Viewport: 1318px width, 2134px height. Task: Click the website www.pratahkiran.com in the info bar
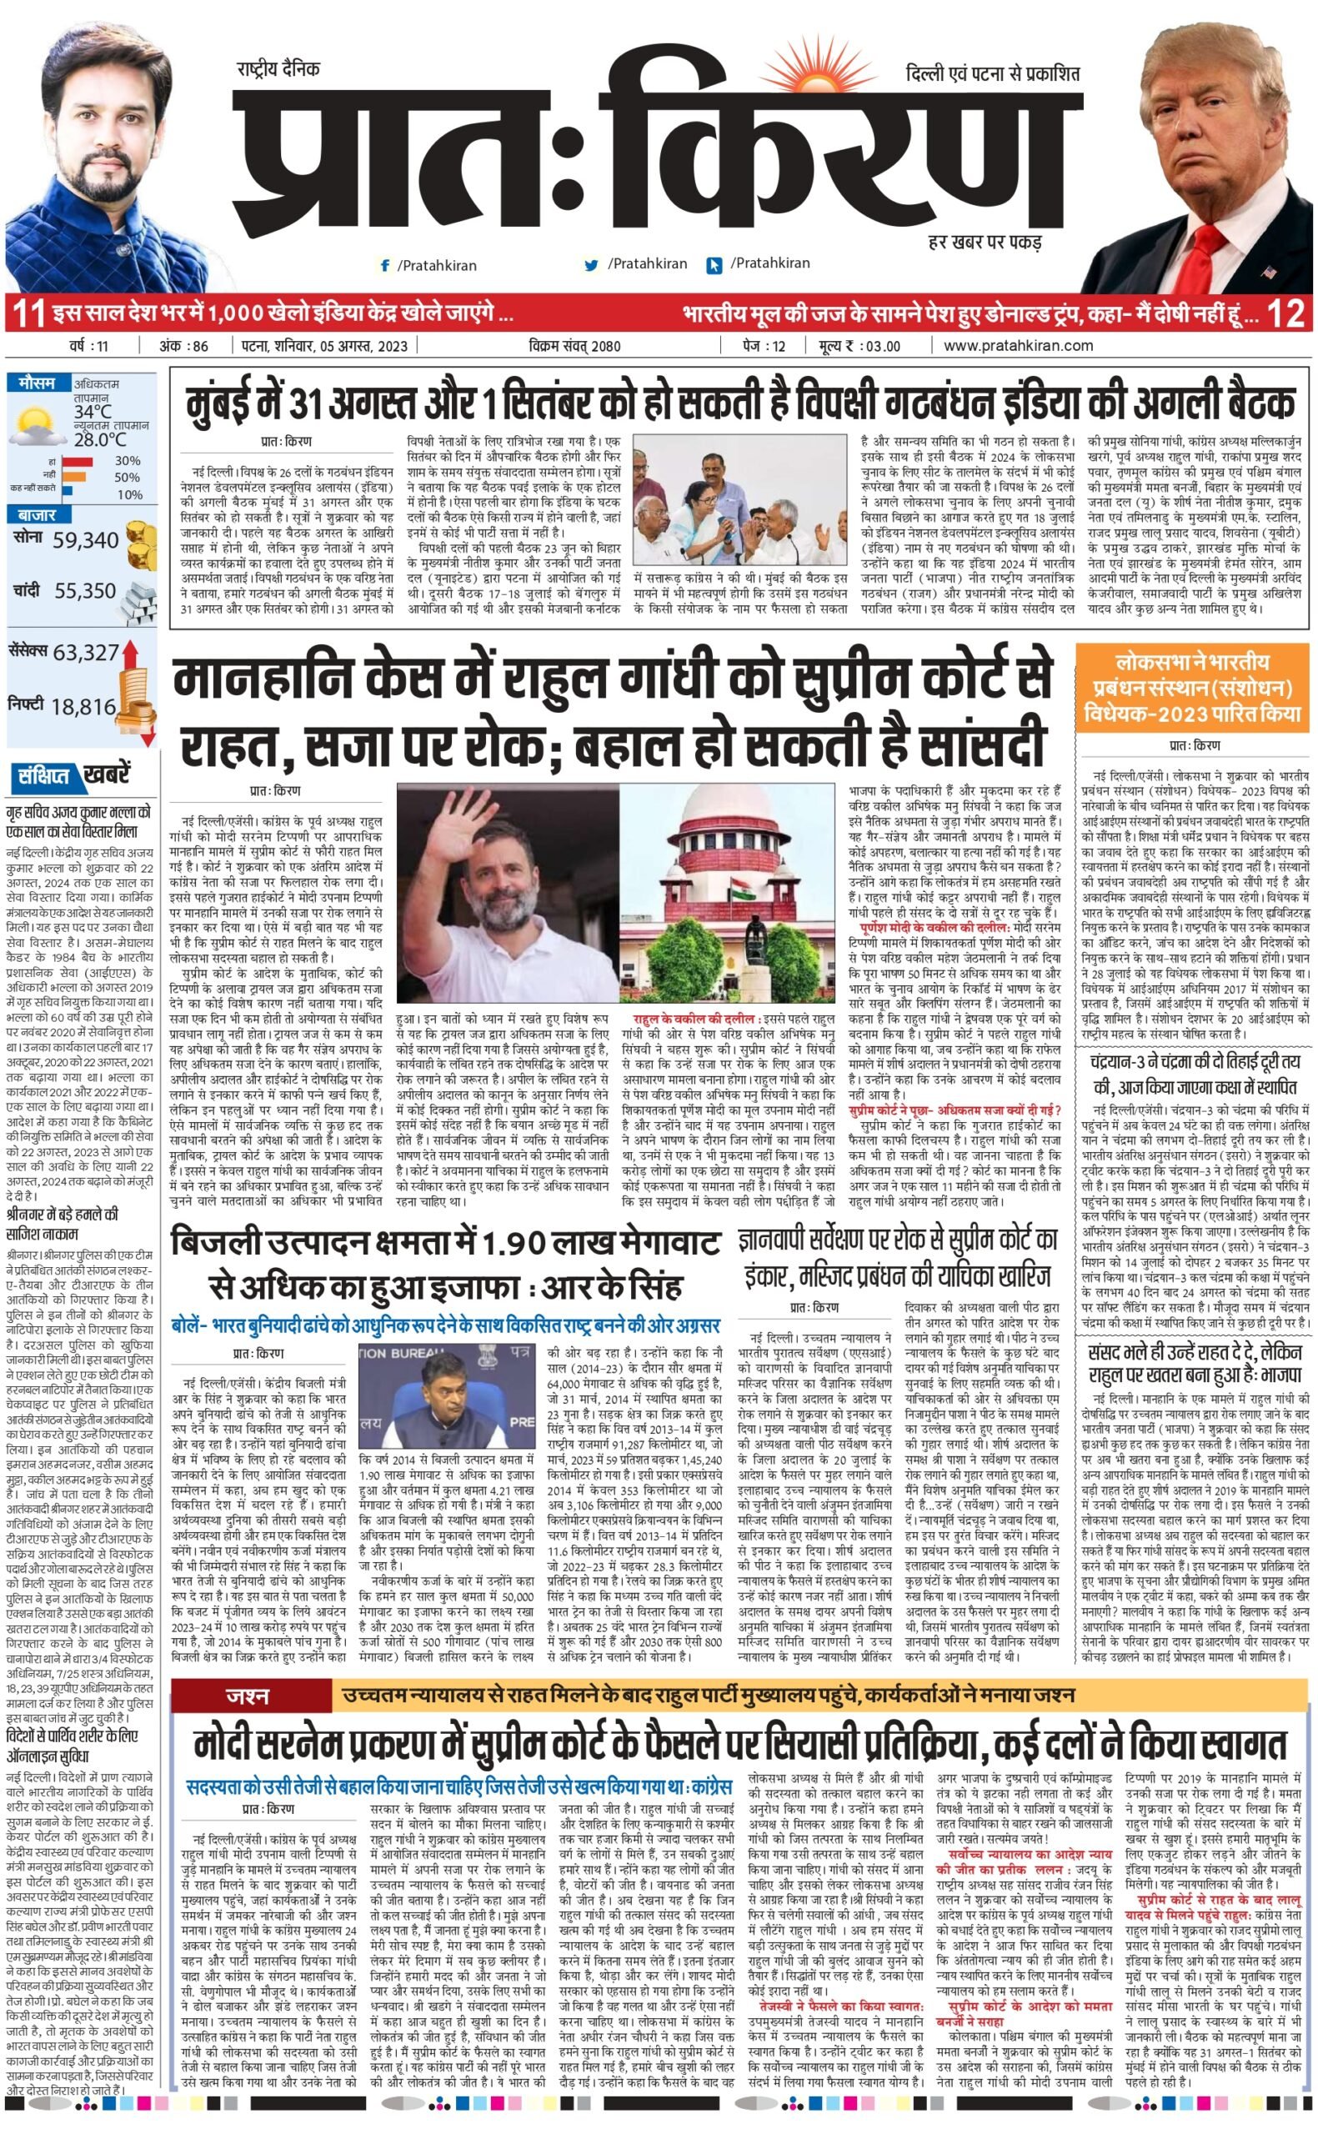[x=1018, y=345]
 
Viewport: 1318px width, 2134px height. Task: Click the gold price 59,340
[x=85, y=540]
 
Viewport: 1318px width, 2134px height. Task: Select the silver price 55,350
[x=85, y=591]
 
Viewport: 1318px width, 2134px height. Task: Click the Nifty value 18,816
[x=83, y=706]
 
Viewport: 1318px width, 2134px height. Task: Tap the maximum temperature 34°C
[x=93, y=410]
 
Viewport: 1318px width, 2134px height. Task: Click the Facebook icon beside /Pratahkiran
[x=384, y=266]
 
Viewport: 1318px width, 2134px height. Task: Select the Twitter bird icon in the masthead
[x=591, y=265]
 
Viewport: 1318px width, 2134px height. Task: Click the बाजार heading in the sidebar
[x=36, y=514]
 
